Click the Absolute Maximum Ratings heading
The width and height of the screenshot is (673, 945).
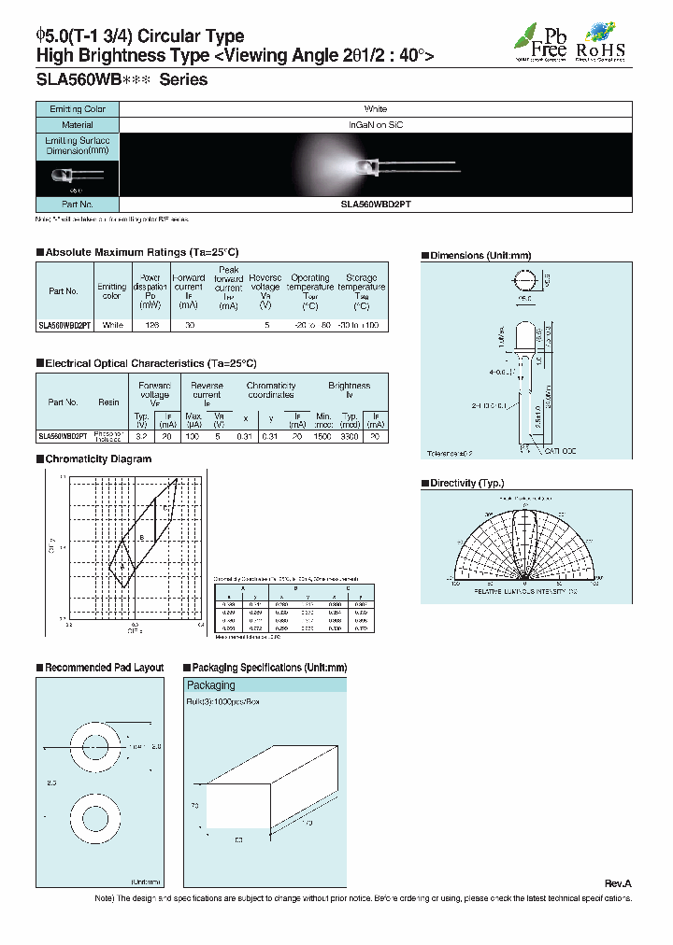pyautogui.click(x=140, y=252)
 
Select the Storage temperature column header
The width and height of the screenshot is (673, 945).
pyautogui.click(x=361, y=291)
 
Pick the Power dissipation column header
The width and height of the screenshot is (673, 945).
pyautogui.click(x=150, y=291)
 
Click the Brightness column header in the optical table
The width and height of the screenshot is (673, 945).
pyautogui.click(x=349, y=385)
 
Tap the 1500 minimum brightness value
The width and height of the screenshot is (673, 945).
pyautogui.click(x=324, y=436)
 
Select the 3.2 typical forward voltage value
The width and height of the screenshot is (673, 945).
pyautogui.click(x=141, y=436)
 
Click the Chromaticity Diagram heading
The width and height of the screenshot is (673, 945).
pyautogui.click(x=97, y=458)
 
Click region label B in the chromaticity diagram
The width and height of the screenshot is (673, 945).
pyautogui.click(x=142, y=538)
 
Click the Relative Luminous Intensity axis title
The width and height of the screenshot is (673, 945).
pyautogui.click(x=526, y=592)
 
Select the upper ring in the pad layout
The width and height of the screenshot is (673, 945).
pyautogui.click(x=89, y=746)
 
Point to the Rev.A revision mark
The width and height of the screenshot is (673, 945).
pyautogui.click(x=618, y=883)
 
